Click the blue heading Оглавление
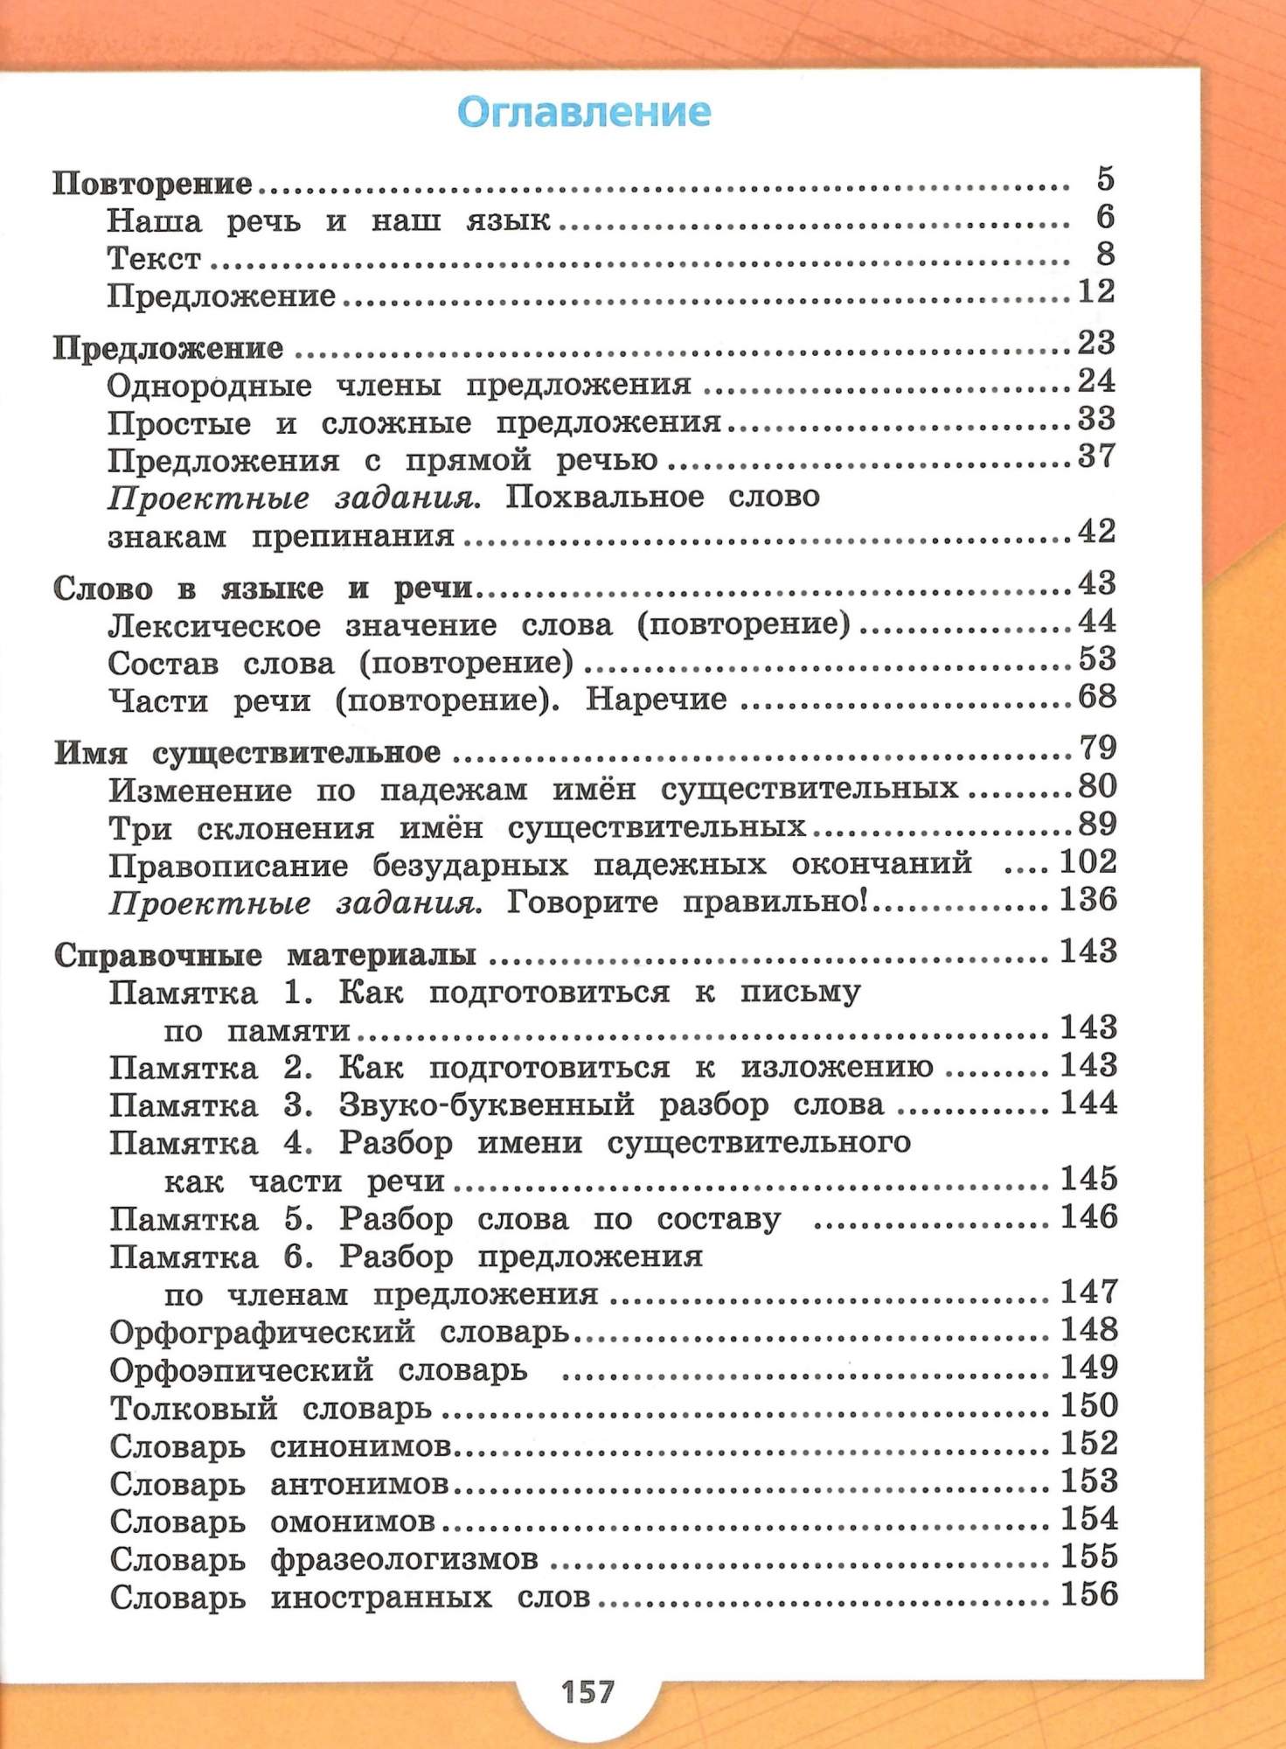584,113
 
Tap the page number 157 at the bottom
587,1691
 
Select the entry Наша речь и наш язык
329,221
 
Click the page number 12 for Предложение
1096,291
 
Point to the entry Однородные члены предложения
399,386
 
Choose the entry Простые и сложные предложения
414,424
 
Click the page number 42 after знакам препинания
1096,532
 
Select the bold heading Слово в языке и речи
262,589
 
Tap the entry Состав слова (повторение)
340,664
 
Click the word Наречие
656,700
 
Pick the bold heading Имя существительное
247,753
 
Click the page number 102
1088,863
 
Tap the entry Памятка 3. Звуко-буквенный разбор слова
497,1105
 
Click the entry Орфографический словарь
339,1333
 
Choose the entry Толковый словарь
271,1409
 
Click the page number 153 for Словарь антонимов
1089,1481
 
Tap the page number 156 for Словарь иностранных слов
1089,1594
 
